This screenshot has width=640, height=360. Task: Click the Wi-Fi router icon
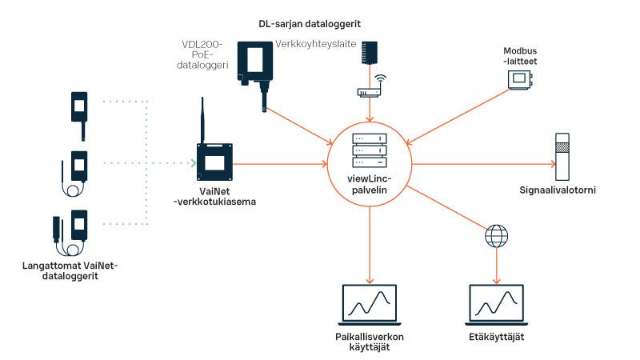(369, 89)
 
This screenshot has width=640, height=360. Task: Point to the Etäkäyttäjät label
(496, 338)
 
